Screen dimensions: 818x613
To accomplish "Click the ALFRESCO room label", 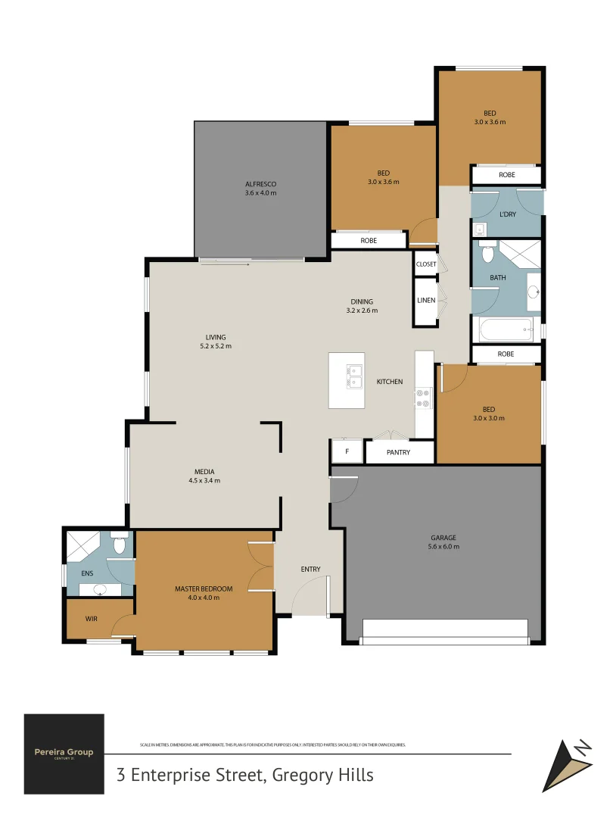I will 260,189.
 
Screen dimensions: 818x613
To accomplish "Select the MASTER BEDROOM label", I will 203,593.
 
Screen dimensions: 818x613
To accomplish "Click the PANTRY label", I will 398,453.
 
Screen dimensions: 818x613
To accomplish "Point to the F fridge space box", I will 347,452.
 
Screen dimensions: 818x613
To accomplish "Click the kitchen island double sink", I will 354,376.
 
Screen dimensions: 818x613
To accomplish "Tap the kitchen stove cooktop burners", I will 424,398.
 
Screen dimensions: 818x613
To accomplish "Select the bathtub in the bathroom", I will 503,329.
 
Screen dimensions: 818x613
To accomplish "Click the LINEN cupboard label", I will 426,301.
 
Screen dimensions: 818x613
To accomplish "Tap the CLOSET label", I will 426,264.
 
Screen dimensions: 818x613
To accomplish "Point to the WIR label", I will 92,619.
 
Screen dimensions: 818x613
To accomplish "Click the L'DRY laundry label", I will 507,214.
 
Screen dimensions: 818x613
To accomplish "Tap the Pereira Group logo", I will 64,753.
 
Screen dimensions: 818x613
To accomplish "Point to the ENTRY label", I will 310,570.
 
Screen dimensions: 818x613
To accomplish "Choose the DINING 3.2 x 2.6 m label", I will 362,306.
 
